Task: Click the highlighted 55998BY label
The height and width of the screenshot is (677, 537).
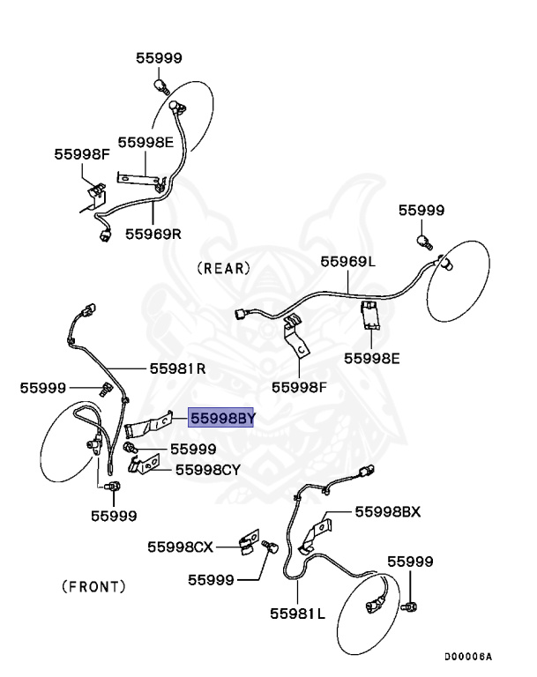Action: pos(221,419)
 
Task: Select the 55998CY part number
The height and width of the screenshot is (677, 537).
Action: pos(207,470)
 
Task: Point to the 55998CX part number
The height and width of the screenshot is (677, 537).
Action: pos(181,547)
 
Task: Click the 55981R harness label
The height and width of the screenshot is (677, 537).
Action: pos(177,368)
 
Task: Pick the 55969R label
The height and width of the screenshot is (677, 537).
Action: pos(153,234)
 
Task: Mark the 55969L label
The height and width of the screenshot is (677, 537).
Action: pos(347,262)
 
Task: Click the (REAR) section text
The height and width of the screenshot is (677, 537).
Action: pos(224,267)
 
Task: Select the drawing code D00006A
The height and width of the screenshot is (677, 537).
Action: pos(467,656)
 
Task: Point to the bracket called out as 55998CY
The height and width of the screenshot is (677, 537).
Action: pos(149,463)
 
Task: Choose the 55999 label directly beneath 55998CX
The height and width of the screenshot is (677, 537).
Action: pos(210,580)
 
